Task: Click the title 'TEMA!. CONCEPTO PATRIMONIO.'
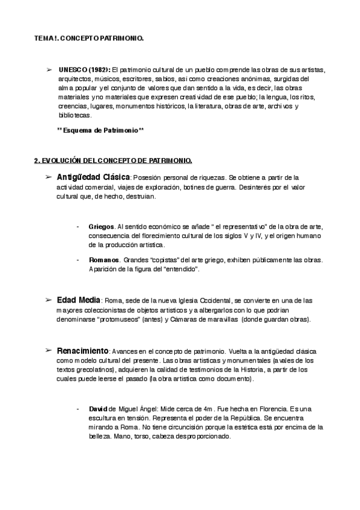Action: pyautogui.click(x=89, y=38)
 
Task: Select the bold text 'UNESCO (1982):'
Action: pyautogui.click(x=85, y=70)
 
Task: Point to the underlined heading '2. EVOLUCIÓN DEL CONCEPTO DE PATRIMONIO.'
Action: pyautogui.click(x=113, y=161)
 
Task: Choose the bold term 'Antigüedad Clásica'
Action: pyautogui.click(x=93, y=177)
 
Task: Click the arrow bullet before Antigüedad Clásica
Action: pyautogui.click(x=49, y=177)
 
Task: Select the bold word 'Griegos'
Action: pyautogui.click(x=101, y=227)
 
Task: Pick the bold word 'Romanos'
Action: pyautogui.click(x=103, y=260)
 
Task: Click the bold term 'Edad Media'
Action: pyautogui.click(x=79, y=300)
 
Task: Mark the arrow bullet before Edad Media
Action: pyautogui.click(x=49, y=300)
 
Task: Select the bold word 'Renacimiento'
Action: pyautogui.click(x=82, y=350)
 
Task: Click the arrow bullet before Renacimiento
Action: pyautogui.click(x=49, y=350)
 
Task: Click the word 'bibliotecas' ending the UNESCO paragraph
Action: pyautogui.click(x=74, y=115)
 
